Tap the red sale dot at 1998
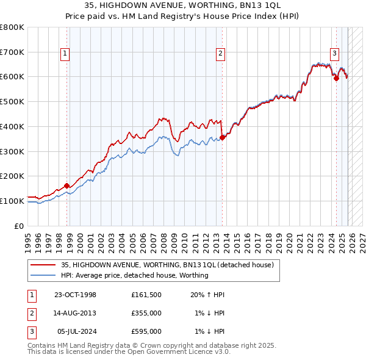click(66, 185)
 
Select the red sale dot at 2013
click(222, 137)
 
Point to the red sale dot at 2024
click(336, 77)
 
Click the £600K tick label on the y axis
click(12, 77)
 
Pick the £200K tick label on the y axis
click(12, 176)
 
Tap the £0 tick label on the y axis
click(19, 226)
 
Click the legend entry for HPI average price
click(134, 275)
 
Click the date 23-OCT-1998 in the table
click(75, 295)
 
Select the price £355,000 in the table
click(146, 313)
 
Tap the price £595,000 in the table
click(146, 331)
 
